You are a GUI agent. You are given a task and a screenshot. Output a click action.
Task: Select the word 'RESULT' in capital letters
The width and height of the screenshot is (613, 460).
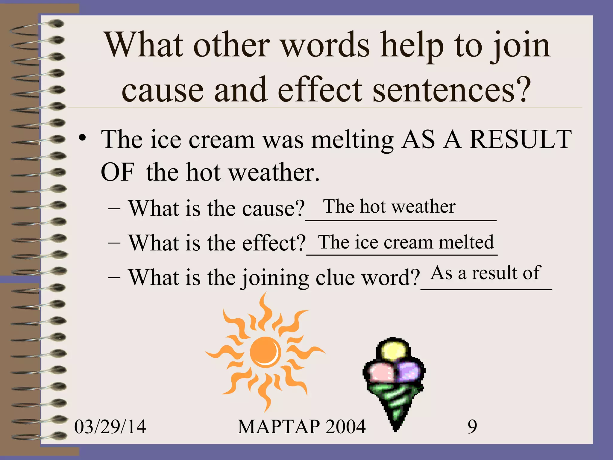tap(521, 139)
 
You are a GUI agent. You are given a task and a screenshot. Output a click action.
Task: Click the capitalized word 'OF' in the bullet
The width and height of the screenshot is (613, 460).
tap(117, 172)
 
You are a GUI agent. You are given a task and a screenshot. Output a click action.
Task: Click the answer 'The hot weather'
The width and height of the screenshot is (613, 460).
tap(389, 206)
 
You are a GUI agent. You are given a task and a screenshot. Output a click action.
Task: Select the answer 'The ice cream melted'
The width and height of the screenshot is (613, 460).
tap(406, 242)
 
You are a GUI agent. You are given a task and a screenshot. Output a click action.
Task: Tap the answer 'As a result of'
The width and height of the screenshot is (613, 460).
tap(485, 273)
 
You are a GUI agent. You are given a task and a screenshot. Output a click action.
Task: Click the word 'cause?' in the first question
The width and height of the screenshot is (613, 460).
tap(273, 208)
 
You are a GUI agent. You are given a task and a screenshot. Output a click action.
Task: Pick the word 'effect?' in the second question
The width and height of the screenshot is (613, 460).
tap(274, 243)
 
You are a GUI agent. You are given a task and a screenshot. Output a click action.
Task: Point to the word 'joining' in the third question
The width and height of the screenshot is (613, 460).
tap(275, 278)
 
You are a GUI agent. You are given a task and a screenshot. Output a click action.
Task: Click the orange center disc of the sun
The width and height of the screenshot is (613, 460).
tap(265, 352)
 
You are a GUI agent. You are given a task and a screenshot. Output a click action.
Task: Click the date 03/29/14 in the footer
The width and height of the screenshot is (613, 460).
tap(110, 426)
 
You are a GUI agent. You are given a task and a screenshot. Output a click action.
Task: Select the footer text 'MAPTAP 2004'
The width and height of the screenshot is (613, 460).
tap(301, 426)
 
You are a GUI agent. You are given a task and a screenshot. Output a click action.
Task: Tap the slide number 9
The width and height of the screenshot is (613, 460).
tap(472, 426)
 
